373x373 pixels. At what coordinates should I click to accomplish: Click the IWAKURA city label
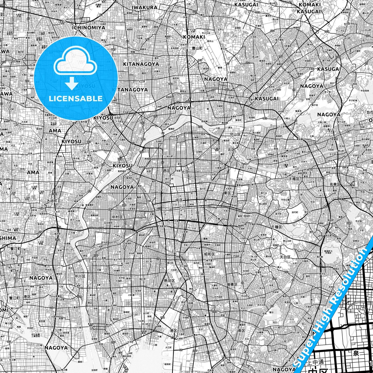tap(144, 7)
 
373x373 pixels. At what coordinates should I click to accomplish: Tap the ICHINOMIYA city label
tap(89, 28)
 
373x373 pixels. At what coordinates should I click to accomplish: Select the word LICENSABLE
tap(76, 98)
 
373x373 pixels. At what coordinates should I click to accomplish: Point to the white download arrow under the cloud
tap(72, 84)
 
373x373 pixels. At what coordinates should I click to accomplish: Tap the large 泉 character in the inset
tap(356, 353)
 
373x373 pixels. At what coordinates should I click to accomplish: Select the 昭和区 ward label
tap(210, 254)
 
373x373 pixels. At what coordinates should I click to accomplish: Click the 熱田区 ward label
tap(170, 281)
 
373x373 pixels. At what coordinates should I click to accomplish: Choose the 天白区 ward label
tap(285, 257)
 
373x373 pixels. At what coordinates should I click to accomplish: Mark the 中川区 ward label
tap(80, 276)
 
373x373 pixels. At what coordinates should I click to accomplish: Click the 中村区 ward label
tap(117, 217)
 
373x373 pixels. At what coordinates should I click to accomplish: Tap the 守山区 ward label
tap(235, 134)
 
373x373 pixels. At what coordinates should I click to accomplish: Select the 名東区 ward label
tap(335, 184)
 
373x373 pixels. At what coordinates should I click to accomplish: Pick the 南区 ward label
tap(242, 330)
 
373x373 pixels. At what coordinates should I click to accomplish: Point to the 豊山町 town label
tap(197, 48)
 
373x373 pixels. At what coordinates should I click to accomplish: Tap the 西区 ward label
tap(166, 171)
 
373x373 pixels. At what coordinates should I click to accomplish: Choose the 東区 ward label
tap(227, 193)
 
